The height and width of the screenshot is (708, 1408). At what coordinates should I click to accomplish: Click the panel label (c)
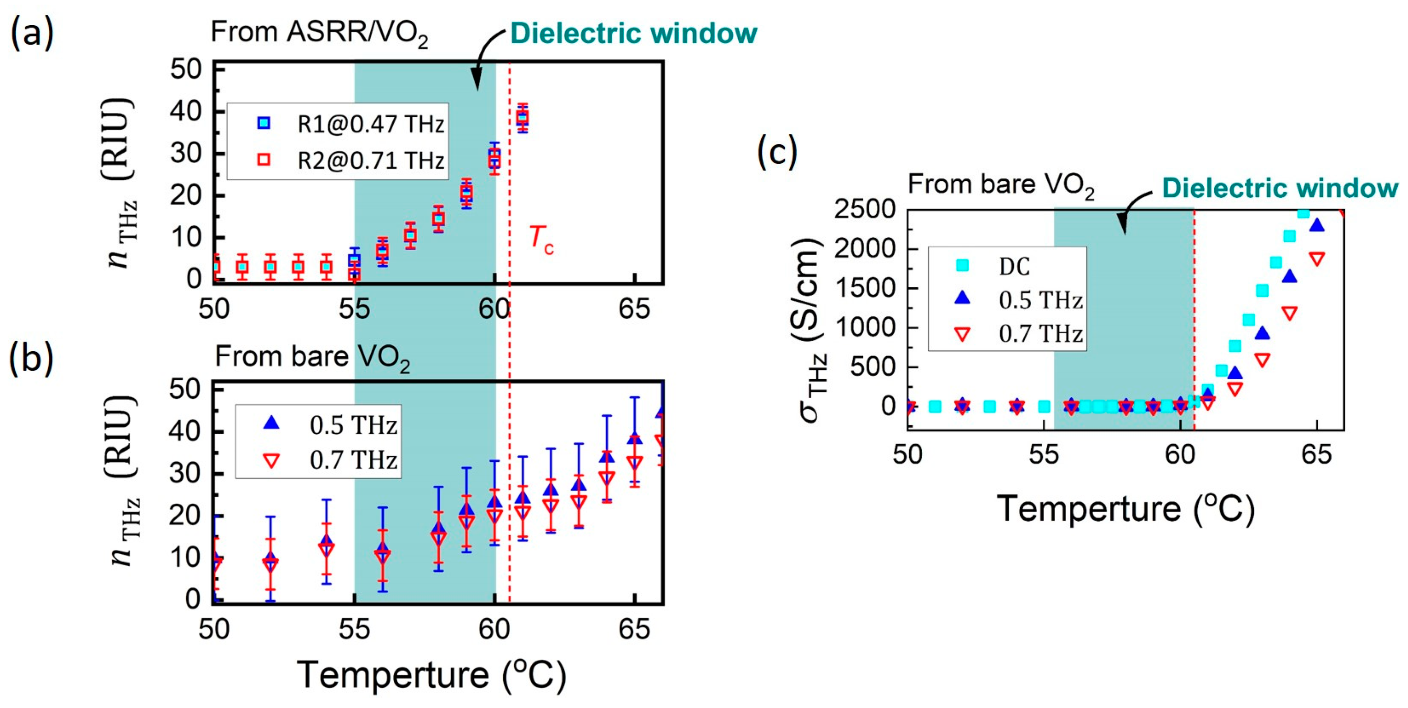(x=777, y=152)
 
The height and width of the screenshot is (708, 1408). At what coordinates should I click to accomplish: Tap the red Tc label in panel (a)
(x=541, y=240)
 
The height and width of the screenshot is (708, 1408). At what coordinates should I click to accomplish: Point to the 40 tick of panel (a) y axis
(x=185, y=111)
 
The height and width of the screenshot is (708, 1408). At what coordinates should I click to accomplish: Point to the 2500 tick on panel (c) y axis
(x=864, y=209)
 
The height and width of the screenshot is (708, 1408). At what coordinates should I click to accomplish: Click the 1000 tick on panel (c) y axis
(x=864, y=327)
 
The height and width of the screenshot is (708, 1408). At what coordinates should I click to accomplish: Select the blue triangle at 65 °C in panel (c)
(x=1317, y=225)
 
